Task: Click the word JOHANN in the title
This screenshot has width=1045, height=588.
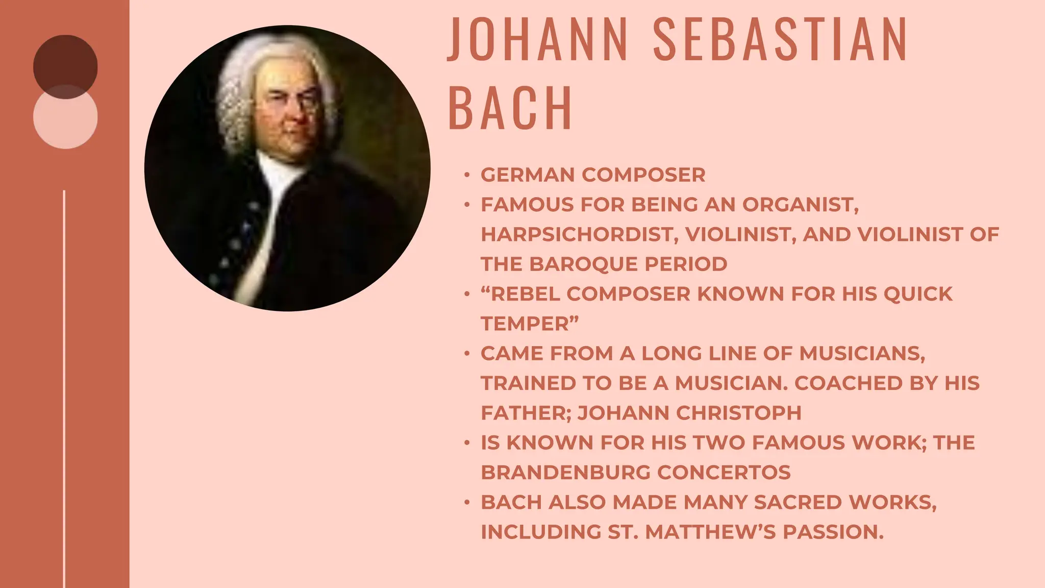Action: click(538, 39)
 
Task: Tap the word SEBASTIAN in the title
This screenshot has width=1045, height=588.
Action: click(780, 39)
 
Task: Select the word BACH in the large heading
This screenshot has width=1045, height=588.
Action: click(510, 108)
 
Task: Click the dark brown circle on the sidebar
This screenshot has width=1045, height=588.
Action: click(65, 61)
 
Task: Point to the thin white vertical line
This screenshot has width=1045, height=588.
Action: click(64, 388)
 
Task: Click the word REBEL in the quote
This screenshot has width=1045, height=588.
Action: click(525, 294)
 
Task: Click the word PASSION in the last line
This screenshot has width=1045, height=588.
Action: click(833, 532)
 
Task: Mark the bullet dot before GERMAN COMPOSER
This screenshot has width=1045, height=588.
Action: click(466, 175)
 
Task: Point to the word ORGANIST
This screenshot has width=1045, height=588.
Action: click(800, 205)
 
